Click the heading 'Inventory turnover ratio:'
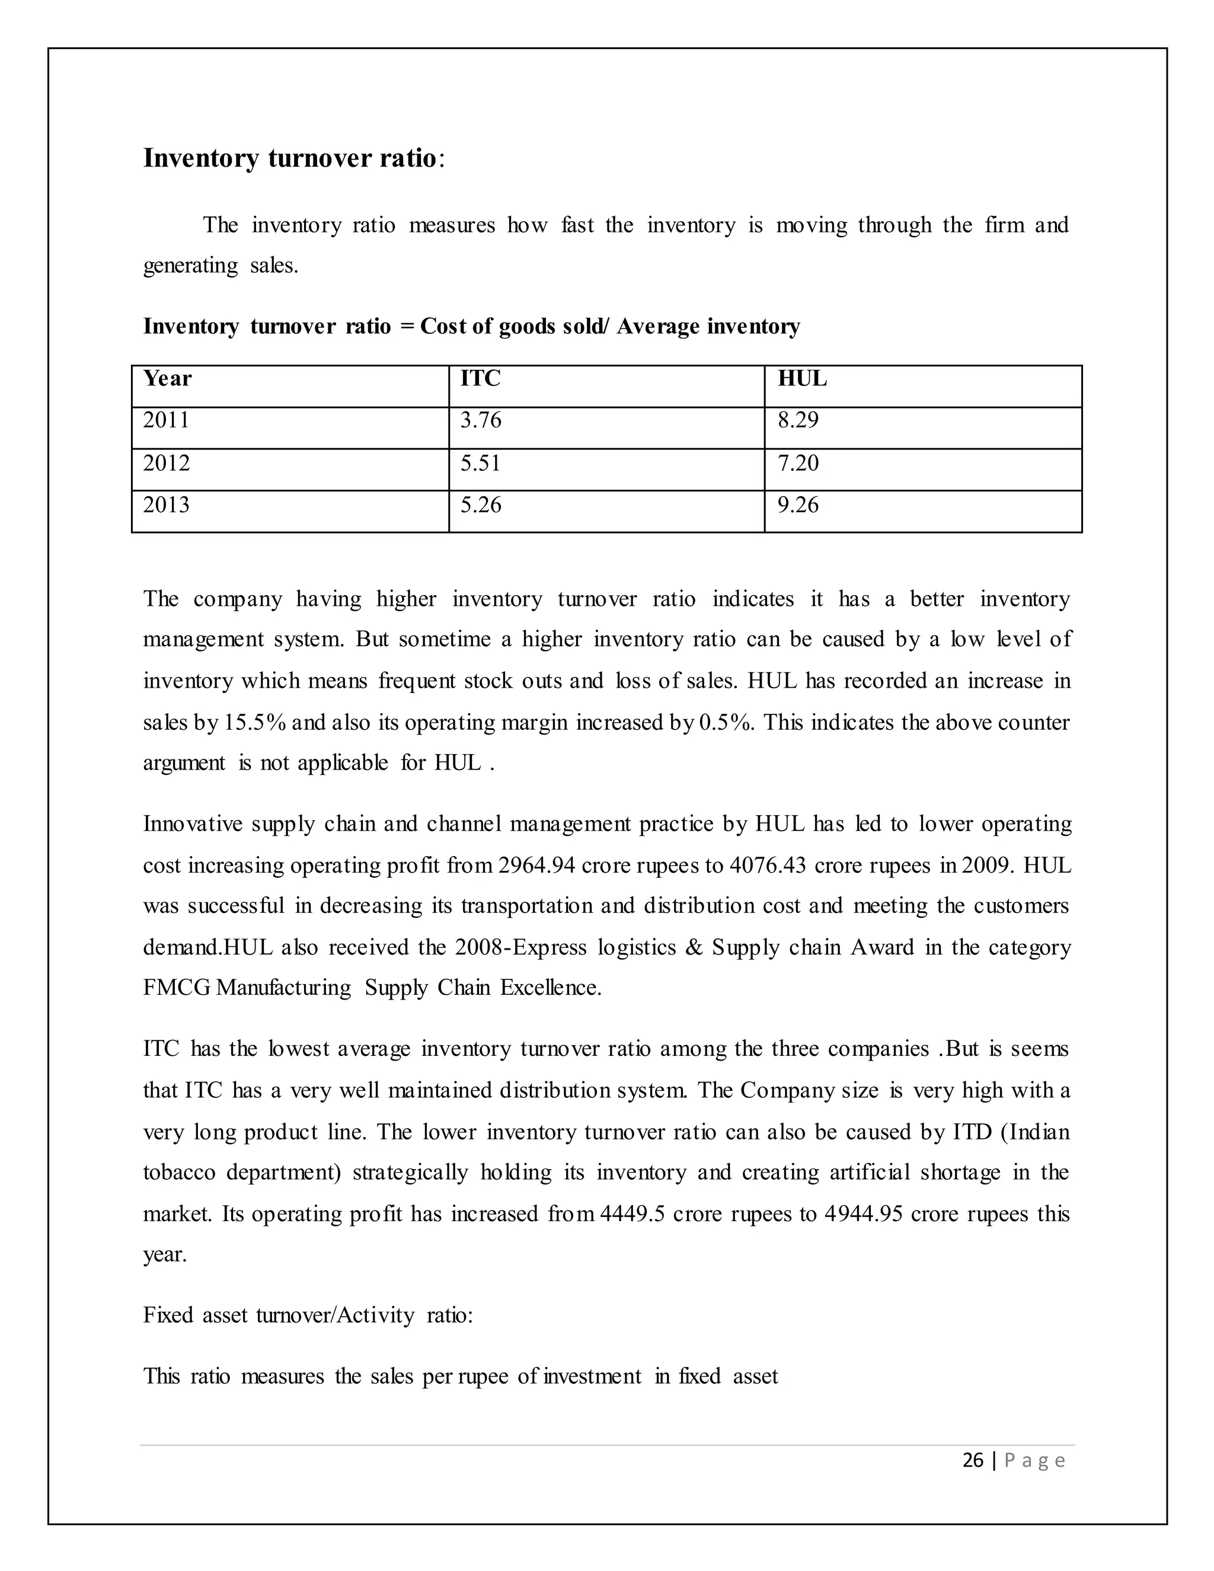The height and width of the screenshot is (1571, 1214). pyautogui.click(x=294, y=158)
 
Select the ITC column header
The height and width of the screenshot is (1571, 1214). pyautogui.click(x=480, y=378)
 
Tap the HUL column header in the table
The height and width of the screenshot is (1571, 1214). pyautogui.click(x=802, y=378)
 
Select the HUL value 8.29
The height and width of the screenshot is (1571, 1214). pyautogui.click(x=798, y=420)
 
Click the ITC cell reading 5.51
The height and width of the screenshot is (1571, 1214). pyautogui.click(x=480, y=463)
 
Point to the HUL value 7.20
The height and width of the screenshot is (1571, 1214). pyautogui.click(x=798, y=463)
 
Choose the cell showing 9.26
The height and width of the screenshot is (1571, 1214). pyautogui.click(x=798, y=505)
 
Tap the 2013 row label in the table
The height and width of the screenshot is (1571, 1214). pyautogui.click(x=166, y=505)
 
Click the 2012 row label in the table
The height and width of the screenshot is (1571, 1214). pyautogui.click(x=166, y=463)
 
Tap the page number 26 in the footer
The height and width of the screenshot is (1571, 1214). pyautogui.click(x=972, y=1460)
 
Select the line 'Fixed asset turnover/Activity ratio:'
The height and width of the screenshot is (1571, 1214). pyautogui.click(x=308, y=1315)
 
